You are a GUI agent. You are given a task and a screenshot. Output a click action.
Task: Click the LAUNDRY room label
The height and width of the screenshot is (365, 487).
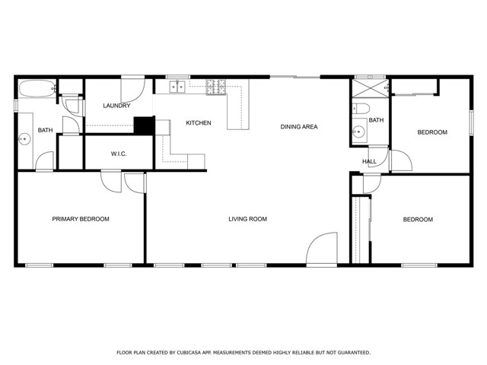click(x=116, y=106)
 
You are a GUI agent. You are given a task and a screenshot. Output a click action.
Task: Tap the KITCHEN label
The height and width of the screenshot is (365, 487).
click(x=199, y=123)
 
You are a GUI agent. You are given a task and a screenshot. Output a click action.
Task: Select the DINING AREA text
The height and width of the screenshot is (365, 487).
click(x=299, y=126)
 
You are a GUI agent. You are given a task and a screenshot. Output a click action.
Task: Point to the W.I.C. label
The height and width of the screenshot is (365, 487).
click(x=119, y=154)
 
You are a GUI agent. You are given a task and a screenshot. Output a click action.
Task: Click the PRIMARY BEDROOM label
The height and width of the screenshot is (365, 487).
click(x=81, y=219)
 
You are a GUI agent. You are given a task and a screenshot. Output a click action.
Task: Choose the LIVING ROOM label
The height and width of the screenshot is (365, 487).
click(x=248, y=219)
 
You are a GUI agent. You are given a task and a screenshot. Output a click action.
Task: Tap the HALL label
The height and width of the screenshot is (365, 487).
click(x=370, y=161)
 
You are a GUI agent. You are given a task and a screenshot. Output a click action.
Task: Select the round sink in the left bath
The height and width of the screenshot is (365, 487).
click(x=24, y=138)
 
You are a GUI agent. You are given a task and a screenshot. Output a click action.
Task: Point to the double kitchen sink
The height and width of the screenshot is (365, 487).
click(x=178, y=87)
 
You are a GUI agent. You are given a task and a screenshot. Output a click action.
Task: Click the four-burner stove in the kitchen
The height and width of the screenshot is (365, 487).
click(x=216, y=87)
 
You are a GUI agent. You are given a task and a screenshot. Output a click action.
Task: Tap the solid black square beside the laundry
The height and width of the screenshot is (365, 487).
click(x=144, y=125)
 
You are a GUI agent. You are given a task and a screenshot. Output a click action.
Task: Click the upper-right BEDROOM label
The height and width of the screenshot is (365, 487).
click(x=432, y=132)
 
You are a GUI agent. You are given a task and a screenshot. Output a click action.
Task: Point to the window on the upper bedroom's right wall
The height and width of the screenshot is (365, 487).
click(x=471, y=122)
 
